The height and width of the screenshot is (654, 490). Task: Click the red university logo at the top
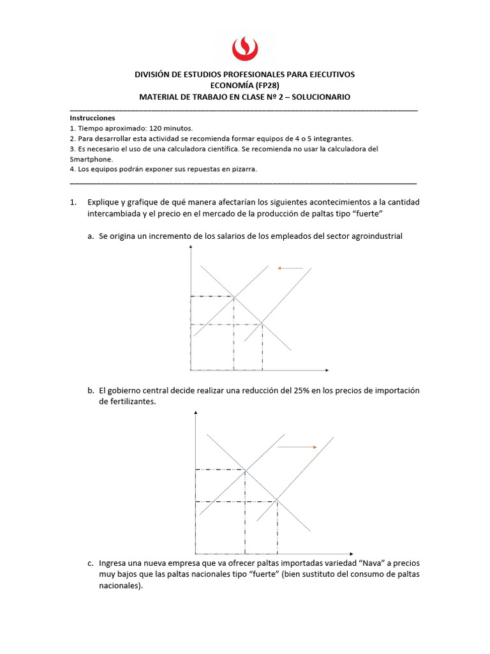[244, 48]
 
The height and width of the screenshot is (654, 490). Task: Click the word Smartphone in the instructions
[91, 159]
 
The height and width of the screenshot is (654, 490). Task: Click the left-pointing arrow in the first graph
[290, 269]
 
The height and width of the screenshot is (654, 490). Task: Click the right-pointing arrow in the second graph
[297, 448]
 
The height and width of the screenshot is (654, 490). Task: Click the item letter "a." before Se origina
[92, 236]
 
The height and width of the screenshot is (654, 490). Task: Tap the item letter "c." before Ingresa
[92, 564]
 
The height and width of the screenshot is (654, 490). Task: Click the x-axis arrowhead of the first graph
[326, 370]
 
